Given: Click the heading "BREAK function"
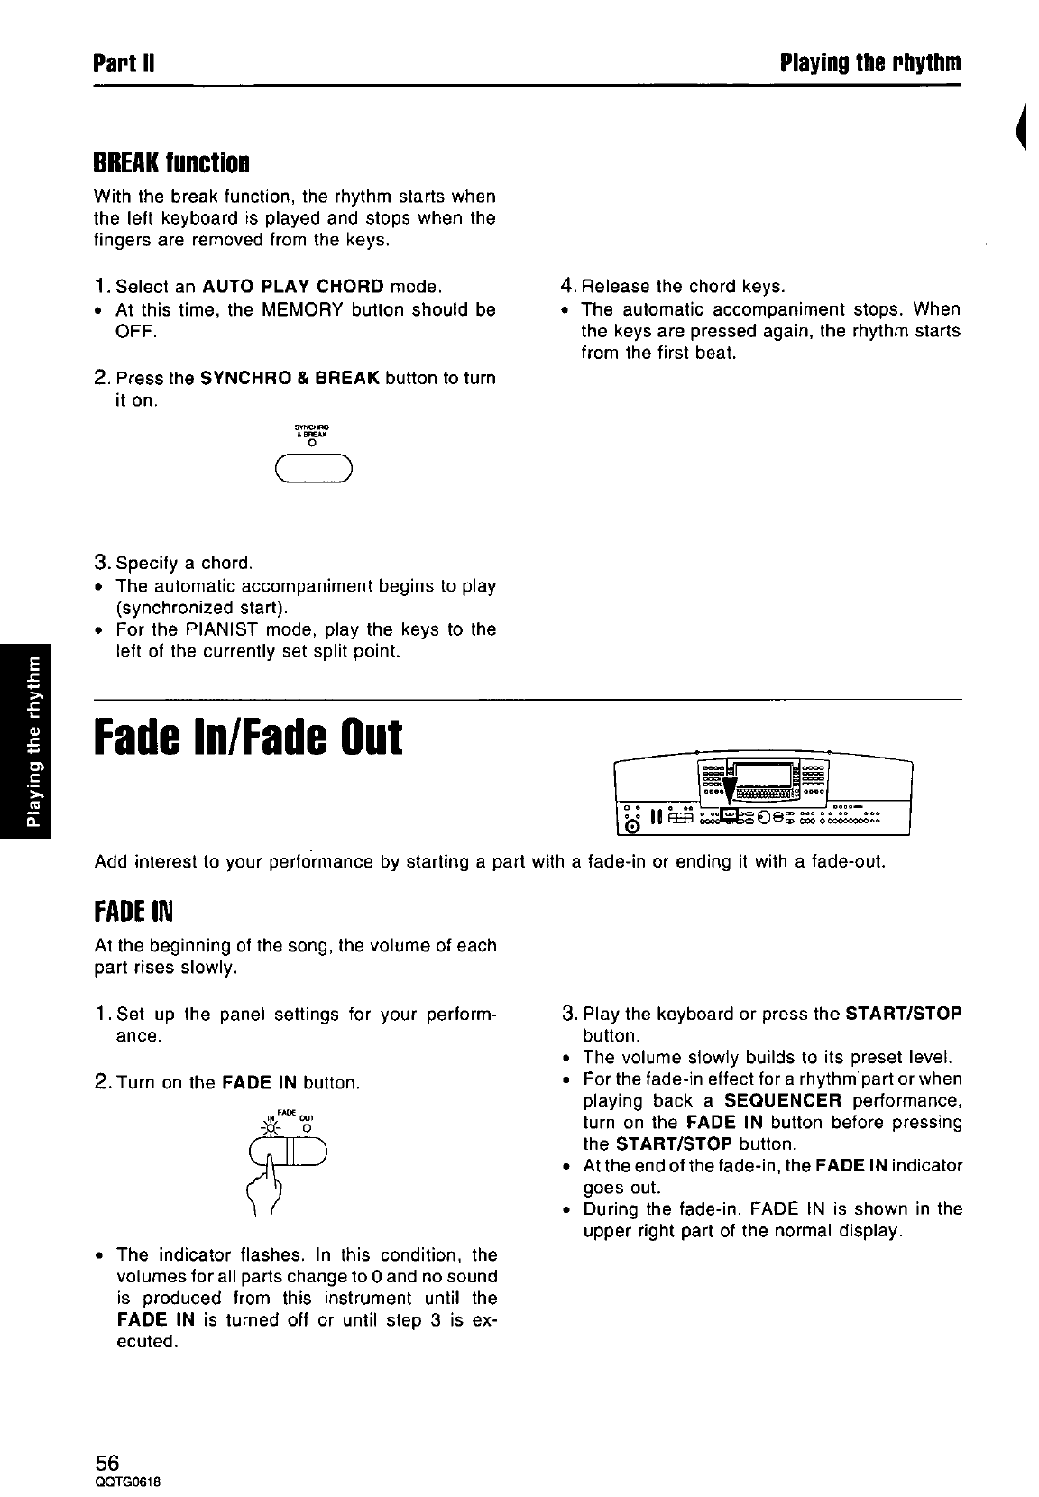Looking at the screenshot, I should pos(170,163).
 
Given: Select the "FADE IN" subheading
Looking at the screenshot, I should pos(133,912).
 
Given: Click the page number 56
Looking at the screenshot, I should pos(107,1462).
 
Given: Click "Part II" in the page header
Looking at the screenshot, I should pos(125,63).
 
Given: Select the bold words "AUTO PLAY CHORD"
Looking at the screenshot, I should pos(294,288).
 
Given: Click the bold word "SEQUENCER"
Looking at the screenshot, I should pos(783,1101).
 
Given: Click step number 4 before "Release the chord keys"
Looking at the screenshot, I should pos(567,287).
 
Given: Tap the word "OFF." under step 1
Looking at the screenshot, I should pos(136,332).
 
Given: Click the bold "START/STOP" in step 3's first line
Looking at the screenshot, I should pos(904,1014).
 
